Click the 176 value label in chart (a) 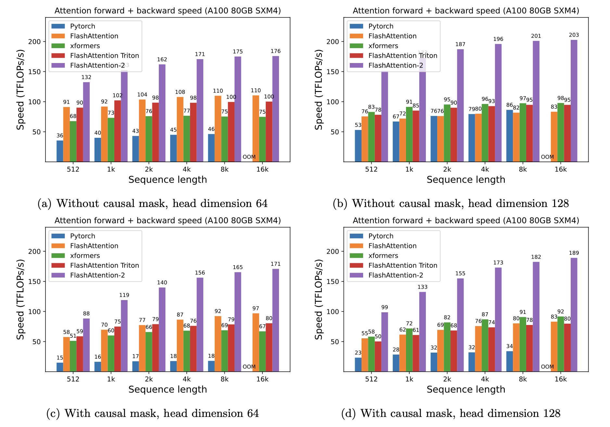coord(275,51)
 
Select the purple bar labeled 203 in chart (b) coord(574,101)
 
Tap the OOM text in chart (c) coord(249,367)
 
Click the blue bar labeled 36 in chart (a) coord(60,151)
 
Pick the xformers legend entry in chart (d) coord(383,256)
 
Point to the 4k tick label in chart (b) coord(485,169)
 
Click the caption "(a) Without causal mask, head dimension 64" coord(153,203)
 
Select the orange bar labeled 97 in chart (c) coord(256,342)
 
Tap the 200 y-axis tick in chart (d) coord(332,251)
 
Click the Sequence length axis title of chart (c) coord(168,389)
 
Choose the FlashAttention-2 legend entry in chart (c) coord(97,275)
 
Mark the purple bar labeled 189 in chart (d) coord(574,315)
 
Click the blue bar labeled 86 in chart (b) coord(509,136)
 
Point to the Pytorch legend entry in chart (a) coord(83,26)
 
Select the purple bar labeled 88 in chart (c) coord(86,345)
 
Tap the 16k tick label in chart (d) coord(560,379)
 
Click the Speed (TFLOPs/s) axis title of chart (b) coord(319,90)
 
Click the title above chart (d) coord(466,221)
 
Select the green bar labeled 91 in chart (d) coord(523,344)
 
